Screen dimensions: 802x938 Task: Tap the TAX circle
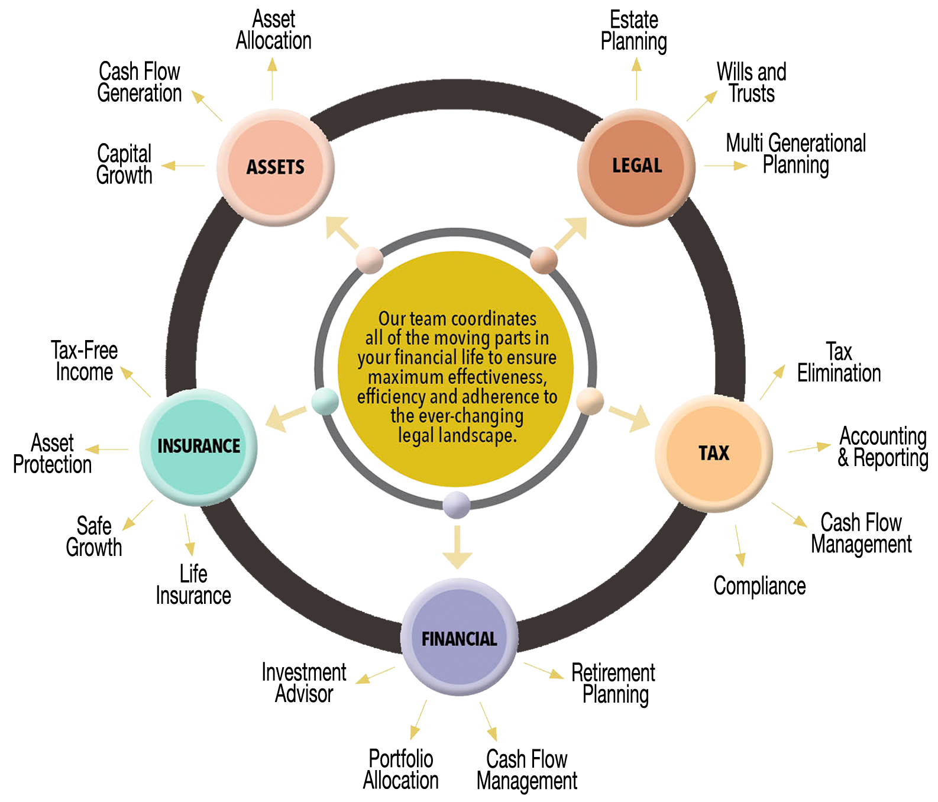(x=714, y=452)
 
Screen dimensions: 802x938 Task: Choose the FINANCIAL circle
(x=459, y=638)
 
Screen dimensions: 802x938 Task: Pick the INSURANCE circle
(x=199, y=445)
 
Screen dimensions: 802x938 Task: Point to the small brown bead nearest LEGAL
(x=544, y=260)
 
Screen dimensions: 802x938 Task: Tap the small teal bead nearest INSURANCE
(x=325, y=402)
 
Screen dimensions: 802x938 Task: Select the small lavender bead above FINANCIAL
(x=457, y=505)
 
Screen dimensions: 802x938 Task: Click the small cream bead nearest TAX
(x=589, y=401)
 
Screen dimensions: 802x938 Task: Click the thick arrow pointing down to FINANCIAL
(x=457, y=547)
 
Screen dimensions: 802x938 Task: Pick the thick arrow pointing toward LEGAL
(x=569, y=233)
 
